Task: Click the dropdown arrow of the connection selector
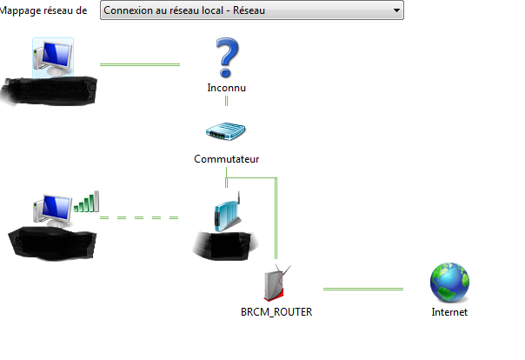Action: [396, 10]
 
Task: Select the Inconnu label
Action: [227, 88]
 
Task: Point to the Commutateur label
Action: [226, 159]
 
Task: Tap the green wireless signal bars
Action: [87, 202]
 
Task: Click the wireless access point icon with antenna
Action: [225, 214]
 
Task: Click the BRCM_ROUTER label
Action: [276, 311]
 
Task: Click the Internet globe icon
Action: [449, 283]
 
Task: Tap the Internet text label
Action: [449, 311]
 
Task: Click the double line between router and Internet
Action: [363, 289]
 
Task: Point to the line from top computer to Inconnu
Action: [140, 64]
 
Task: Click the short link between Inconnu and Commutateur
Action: [227, 101]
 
